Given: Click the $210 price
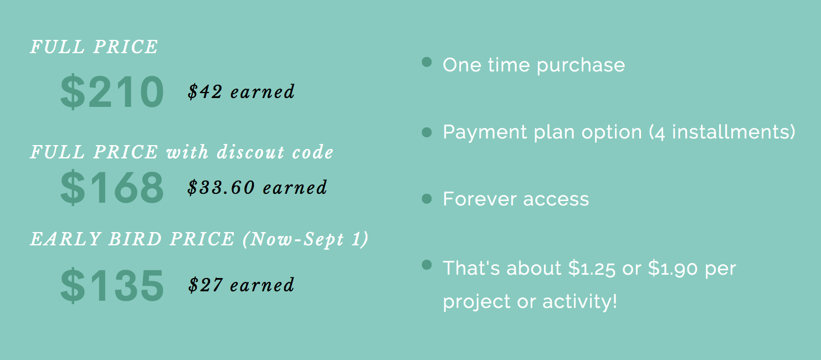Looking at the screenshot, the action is pos(112,91).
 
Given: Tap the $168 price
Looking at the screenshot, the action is pos(112,187).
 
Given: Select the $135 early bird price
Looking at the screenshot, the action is pos(112,285).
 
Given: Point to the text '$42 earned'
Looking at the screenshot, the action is pos(241,91).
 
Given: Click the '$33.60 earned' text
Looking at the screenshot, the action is pos(257,187).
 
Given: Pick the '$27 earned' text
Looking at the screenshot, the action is pos(241,285).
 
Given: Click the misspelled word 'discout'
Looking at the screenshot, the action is pos(251,152).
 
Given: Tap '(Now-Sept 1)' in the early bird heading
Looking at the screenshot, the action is pos(306,239).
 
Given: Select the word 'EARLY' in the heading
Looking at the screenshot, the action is pos(65,239).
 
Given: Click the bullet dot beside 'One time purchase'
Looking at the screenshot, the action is pos(427,62).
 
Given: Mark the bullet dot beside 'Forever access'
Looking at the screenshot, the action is pos(427,199).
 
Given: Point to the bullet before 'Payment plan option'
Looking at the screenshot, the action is pos(427,132).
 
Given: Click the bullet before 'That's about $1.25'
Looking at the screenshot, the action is pos(427,265).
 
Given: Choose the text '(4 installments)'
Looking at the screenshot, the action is pos(722,132).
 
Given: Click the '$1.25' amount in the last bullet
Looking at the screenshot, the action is pos(592,268).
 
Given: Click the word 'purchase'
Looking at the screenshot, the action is pos(581,66).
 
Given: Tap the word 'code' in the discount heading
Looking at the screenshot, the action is pos(312,152).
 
